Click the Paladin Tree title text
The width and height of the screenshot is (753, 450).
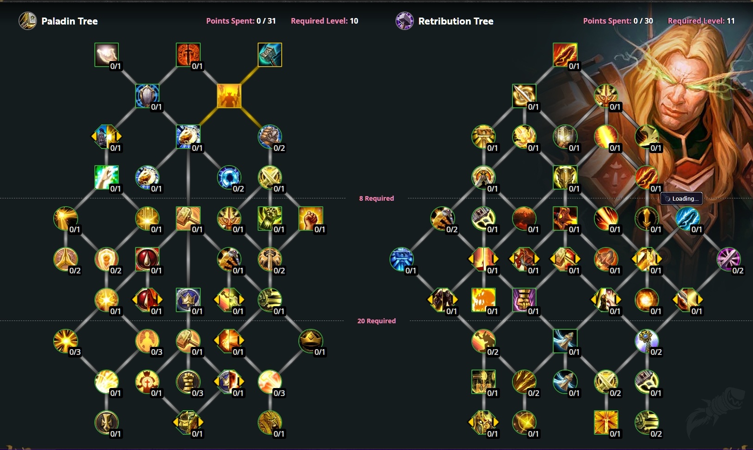69,21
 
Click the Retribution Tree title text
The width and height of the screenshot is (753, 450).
456,21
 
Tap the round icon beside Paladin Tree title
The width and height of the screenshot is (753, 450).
27,21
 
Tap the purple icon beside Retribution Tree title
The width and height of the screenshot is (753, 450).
404,21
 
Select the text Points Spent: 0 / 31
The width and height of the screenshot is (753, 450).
241,21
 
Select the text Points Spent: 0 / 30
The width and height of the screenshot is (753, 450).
617,21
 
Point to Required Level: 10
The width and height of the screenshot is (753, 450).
324,21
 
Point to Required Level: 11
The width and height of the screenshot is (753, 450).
701,21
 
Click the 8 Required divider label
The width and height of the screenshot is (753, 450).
376,198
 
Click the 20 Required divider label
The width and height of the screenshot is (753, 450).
376,321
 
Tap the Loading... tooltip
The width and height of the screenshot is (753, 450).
682,198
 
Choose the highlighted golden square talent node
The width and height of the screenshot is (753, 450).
229,96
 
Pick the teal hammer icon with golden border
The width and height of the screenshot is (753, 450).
270,55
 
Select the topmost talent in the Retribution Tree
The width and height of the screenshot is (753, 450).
565,55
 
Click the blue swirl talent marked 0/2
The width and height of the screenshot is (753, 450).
229,178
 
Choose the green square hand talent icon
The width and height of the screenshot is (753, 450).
106,178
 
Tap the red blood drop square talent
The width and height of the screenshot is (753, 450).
147,259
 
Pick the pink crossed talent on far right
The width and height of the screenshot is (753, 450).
728,259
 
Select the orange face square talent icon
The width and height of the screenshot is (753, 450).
483,300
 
